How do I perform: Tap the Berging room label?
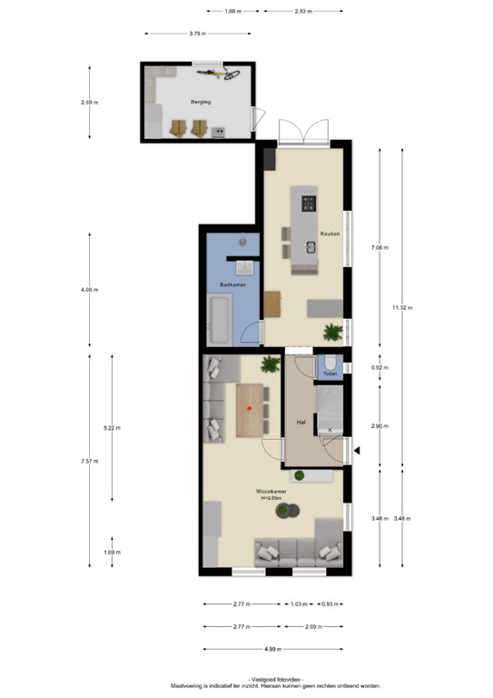(201, 102)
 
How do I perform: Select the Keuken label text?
(330, 234)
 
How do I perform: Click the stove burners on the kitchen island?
(309, 203)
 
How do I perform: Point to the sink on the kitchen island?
(310, 246)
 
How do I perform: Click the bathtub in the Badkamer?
(220, 322)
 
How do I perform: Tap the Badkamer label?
(231, 285)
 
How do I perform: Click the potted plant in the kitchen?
(333, 331)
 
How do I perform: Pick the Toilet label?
(330, 374)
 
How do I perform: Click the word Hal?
(300, 422)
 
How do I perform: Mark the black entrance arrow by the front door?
(359, 450)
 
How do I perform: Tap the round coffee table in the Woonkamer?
(289, 514)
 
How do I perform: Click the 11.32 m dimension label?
(401, 308)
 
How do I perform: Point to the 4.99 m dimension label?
(273, 649)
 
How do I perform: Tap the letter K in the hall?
(330, 430)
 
